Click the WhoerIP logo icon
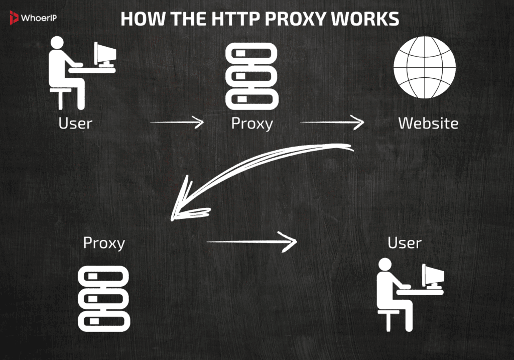click(14, 19)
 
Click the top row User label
click(75, 123)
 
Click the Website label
click(428, 123)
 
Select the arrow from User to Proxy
click(177, 122)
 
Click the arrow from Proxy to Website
click(332, 122)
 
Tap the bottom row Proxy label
click(104, 244)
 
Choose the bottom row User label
click(405, 243)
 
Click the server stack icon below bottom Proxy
click(104, 298)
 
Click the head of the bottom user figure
click(385, 265)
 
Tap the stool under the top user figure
click(61, 98)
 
